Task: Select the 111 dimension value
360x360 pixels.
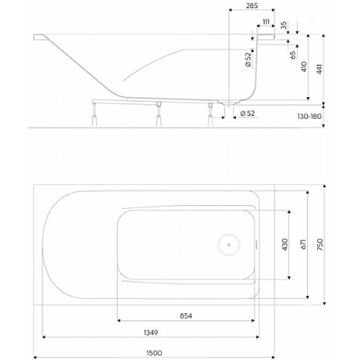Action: [266, 21]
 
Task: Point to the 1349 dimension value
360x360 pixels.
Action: [149, 333]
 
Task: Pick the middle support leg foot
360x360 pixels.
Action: [158, 119]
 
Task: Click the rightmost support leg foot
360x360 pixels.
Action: [210, 119]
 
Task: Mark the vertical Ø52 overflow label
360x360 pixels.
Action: [248, 60]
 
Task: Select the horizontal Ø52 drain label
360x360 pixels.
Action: [247, 113]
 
